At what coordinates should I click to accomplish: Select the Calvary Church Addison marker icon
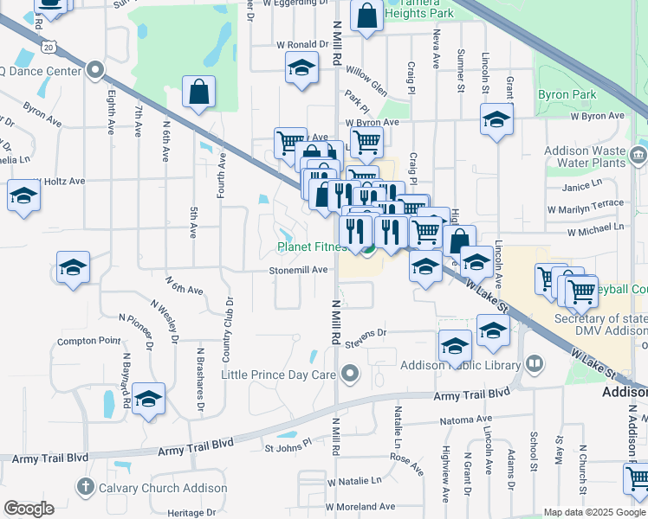tap(85, 488)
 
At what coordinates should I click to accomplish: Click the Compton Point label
tap(89, 341)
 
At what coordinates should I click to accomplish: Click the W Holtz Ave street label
tap(59, 181)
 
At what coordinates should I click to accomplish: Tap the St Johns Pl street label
tap(288, 448)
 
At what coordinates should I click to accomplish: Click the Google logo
tap(29, 509)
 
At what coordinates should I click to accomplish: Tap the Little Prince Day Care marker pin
tap(350, 374)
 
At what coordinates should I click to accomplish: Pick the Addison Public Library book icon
tap(535, 364)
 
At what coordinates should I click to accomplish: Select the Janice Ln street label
tap(581, 187)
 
